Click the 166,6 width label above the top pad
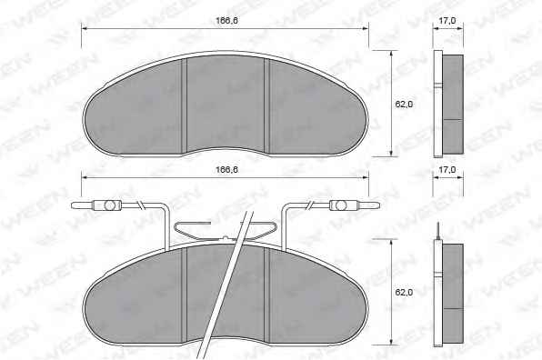coord(226,20)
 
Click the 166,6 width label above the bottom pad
coord(226,170)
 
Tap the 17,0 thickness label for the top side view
coord(447,20)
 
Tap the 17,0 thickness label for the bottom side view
coord(447,170)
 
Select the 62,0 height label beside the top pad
coord(404,104)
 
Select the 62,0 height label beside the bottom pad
coord(404,293)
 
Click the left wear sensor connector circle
coord(109,205)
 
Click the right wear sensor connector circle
coord(341,205)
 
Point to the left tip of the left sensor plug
coord(72,205)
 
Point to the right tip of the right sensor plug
coord(380,205)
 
